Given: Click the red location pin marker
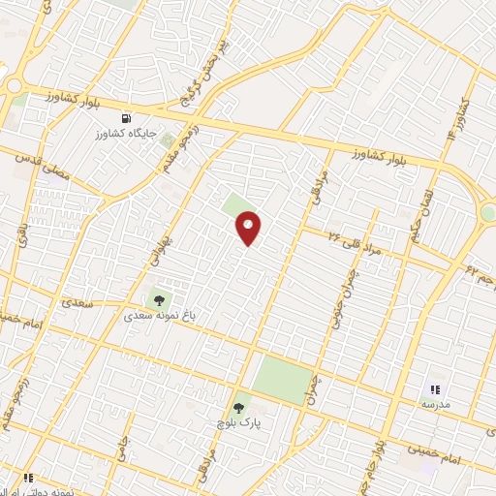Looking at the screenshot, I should pos(249,228).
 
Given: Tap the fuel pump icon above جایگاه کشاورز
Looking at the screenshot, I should pos(122,117).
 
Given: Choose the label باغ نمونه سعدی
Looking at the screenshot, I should pos(157,315).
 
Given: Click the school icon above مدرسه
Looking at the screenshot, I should pos(433,388).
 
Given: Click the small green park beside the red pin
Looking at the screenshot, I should pos(234,204).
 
